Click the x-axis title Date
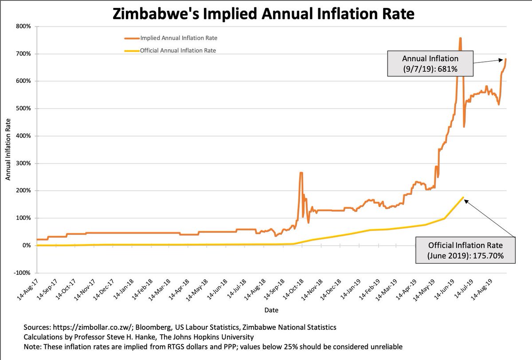272,309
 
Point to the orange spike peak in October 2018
301,173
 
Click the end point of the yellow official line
463,197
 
